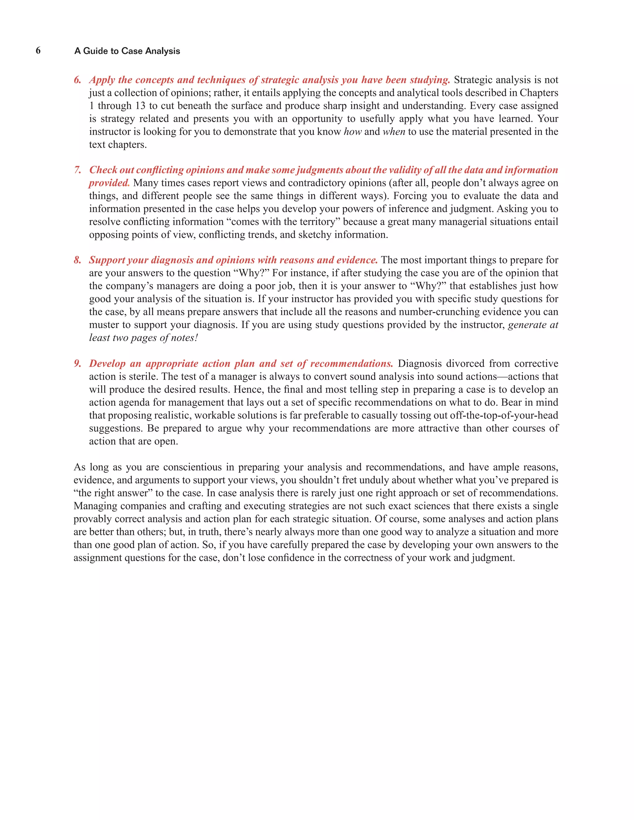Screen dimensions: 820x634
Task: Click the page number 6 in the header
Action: (38, 51)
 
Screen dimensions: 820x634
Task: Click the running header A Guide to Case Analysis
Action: (127, 51)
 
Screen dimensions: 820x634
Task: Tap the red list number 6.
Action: (77, 80)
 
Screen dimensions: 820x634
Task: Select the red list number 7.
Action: (77, 170)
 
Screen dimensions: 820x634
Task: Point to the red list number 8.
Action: (77, 260)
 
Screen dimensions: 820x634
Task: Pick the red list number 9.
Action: (77, 364)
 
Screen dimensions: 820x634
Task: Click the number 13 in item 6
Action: (140, 106)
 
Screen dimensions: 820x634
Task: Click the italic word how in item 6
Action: (352, 132)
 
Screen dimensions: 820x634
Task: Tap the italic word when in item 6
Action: (394, 132)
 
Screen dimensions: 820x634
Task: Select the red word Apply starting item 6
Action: (102, 80)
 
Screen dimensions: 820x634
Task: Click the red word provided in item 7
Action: (109, 183)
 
